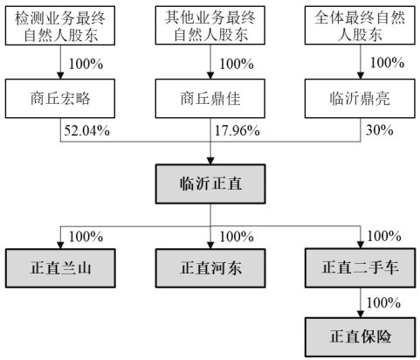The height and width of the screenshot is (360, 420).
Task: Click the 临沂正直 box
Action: pos(210,183)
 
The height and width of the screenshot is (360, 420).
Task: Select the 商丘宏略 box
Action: pos(60,99)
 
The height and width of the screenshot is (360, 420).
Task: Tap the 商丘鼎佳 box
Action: pos(210,99)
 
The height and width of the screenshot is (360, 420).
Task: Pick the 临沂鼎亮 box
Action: pos(360,99)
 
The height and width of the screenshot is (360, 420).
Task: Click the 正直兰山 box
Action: pos(60,268)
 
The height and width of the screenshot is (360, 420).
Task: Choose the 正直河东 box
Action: pos(210,268)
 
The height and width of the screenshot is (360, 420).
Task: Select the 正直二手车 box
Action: pos(360,268)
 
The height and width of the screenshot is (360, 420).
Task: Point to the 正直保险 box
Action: pos(360,337)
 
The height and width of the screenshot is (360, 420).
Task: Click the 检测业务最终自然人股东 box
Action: pos(60,25)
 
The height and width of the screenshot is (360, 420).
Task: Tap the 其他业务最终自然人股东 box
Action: pos(210,25)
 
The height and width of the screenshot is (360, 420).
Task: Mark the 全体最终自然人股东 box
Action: pos(360,25)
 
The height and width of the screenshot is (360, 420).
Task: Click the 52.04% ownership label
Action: pos(86,130)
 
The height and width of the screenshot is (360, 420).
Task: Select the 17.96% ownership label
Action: pos(237,130)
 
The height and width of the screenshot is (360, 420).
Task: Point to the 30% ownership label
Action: pos(380,130)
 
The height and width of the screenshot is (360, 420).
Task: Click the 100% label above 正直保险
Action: pos(383,302)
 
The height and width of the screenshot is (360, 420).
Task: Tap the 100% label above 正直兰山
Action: pos(86,237)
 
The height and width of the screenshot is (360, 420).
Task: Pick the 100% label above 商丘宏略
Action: pos(86,64)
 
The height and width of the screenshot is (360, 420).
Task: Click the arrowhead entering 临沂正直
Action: pos(210,161)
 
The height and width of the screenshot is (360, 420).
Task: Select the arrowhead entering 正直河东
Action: pos(210,246)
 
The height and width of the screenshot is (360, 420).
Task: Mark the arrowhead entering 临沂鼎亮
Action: pos(361,75)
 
